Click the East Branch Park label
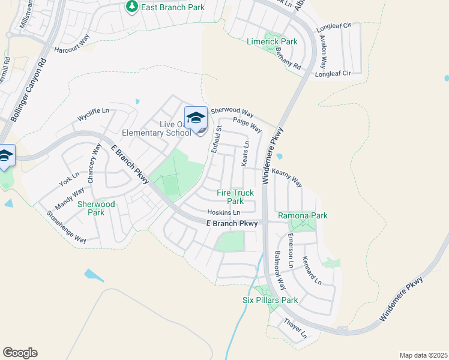pos(172,7)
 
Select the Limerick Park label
pos(272,41)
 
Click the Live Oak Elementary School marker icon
pos(196,117)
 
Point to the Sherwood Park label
pos(96,208)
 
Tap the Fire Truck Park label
pos(235,197)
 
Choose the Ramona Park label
pos(303,215)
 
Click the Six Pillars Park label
pos(270,300)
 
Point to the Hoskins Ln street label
pos(223,212)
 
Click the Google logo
pos(20,353)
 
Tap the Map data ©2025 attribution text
pos(423,355)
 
